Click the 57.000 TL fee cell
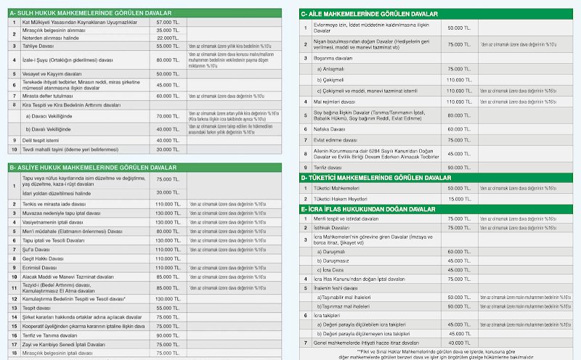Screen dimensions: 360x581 click(168, 22)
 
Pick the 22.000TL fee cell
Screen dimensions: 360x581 click(168, 38)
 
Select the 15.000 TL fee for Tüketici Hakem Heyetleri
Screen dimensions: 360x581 click(459, 198)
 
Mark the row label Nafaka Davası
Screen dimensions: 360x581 click(329, 128)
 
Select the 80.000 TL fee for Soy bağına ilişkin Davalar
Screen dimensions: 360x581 click(459, 115)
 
